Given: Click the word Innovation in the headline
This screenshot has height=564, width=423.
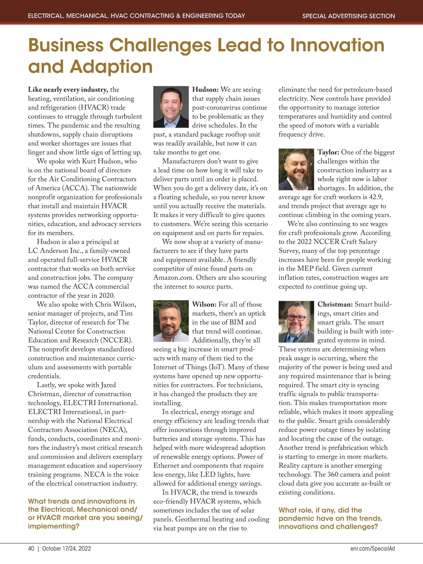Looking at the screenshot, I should tap(337, 45).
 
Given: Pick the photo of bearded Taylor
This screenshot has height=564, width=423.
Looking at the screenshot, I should tap(296, 170).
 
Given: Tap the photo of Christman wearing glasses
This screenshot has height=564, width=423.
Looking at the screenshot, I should tap(296, 321).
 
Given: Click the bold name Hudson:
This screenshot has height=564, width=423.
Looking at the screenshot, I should tap(206, 90).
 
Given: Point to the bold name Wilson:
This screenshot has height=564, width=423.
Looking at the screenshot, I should tap(204, 304).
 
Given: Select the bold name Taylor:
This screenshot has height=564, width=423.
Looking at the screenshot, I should tap(328, 152).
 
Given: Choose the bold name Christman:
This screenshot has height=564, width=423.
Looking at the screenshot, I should tap(335, 304).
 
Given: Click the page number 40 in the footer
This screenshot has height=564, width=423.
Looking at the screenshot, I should tap(31, 548).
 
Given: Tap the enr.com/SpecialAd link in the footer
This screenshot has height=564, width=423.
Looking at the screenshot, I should tap(373, 548).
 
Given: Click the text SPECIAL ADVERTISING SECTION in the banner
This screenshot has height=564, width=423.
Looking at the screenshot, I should tap(349, 16).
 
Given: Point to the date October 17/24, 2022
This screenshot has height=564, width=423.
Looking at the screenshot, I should tap(67, 548).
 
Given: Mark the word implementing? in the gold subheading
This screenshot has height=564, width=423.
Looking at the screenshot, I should tap(54, 526).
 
